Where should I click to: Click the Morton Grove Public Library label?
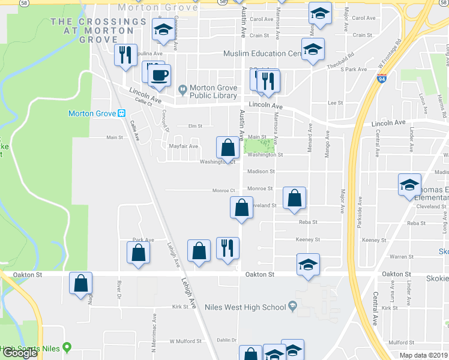coord(214,92)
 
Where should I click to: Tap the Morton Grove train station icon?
coord(121,113)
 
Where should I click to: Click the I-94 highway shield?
coord(381,78)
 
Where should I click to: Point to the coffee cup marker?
coord(160,76)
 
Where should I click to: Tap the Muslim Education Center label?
coord(262,53)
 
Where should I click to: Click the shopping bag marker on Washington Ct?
coord(228,148)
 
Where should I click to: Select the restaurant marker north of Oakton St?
coord(228,248)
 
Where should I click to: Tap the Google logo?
coord(20,353)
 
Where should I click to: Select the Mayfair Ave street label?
coord(184,146)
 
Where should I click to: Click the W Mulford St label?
coord(185,341)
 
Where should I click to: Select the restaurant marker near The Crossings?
coord(125,56)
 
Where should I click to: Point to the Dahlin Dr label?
coord(227,340)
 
